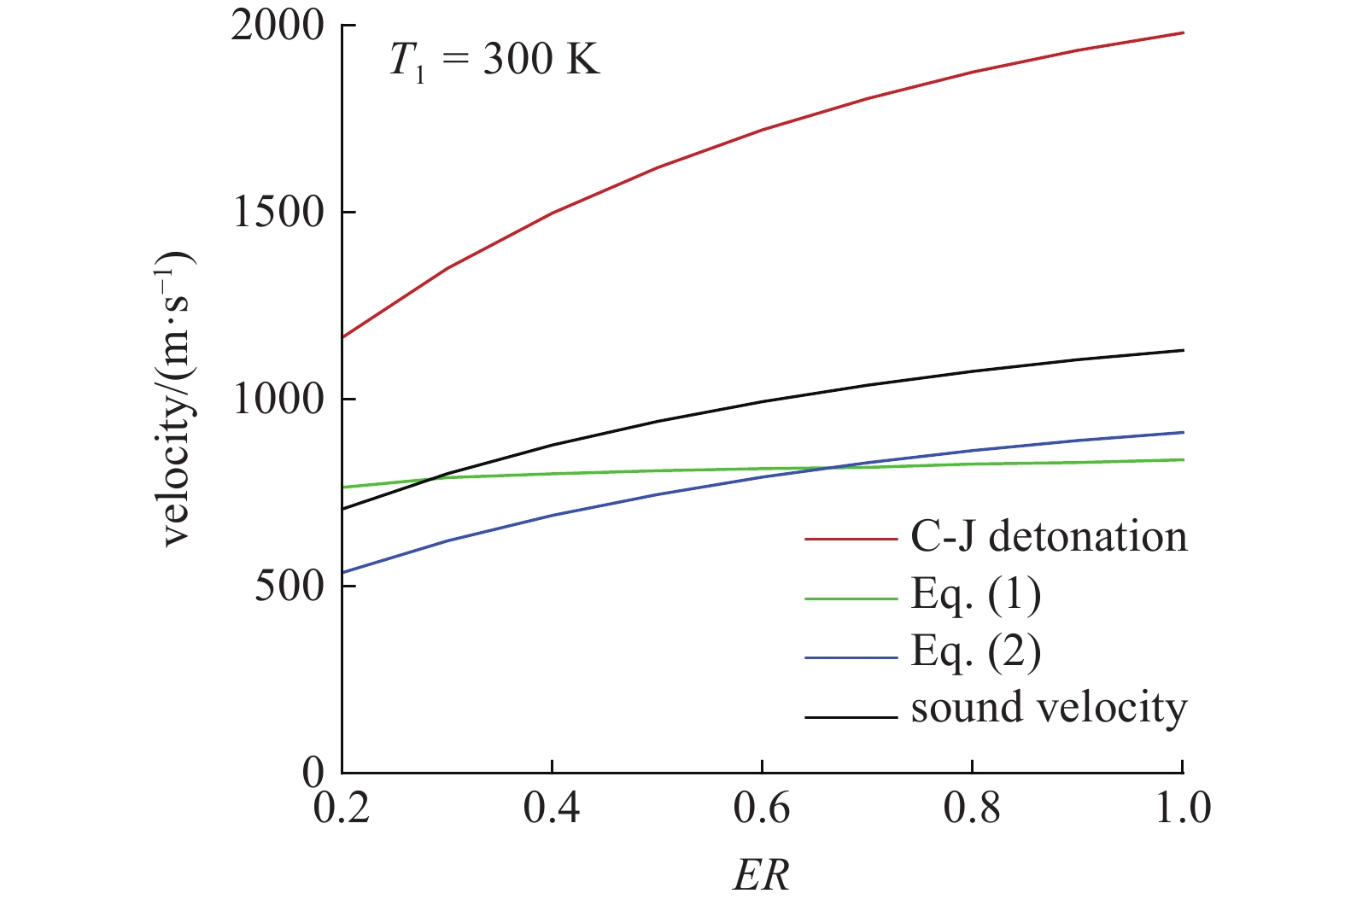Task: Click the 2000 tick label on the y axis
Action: coord(278,26)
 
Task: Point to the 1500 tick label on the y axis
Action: coord(278,213)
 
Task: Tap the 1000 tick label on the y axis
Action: coord(278,399)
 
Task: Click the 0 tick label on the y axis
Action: coord(313,772)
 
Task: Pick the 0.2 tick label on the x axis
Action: coord(342,808)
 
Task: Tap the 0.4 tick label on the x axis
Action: coord(552,808)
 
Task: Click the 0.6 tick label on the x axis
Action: coord(762,808)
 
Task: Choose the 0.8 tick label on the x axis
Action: coord(972,808)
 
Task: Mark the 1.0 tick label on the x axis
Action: coord(1183,808)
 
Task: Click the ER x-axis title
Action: coord(761,875)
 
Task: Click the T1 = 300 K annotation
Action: coord(494,61)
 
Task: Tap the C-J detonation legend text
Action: coord(1049,537)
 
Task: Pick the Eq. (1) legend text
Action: coord(975,594)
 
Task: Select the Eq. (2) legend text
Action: coord(975,652)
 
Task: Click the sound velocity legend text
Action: coord(1049,708)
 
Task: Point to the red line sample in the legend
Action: coord(851,540)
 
